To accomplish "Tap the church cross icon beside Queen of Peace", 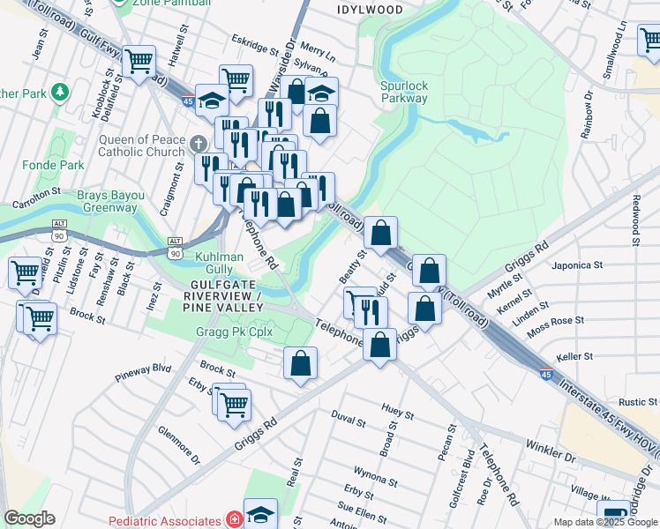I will point(199,143).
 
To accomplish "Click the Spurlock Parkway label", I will point(404,92).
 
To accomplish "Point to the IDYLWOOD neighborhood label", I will point(370,10).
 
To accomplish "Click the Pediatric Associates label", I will point(165,521).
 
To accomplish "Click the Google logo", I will point(29,518).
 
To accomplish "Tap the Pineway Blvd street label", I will point(143,372).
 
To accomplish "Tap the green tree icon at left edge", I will point(59,92).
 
